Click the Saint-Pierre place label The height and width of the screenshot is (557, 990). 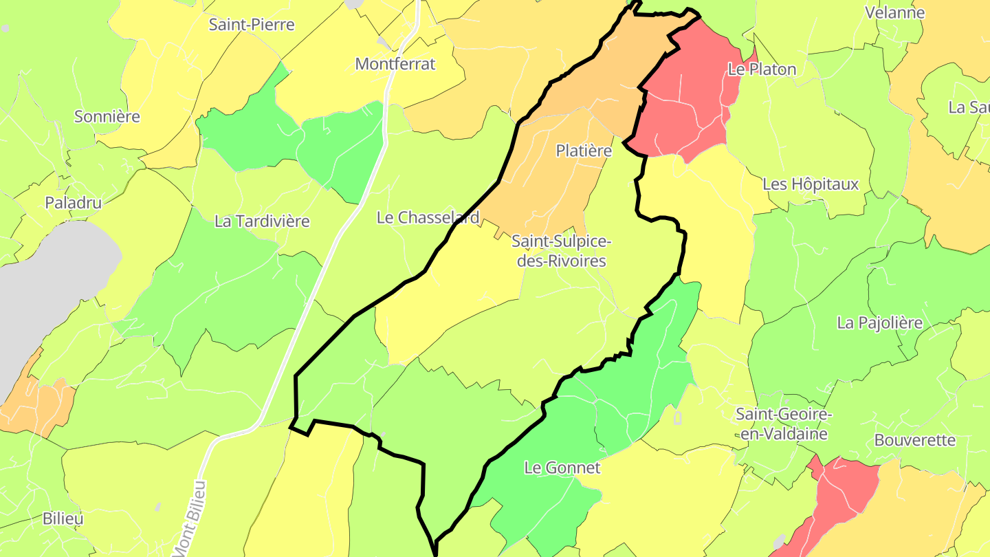[x=252, y=25]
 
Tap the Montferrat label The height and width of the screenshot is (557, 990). [x=395, y=64]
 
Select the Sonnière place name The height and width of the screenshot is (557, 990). [x=107, y=116]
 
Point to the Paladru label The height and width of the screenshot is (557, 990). [x=74, y=202]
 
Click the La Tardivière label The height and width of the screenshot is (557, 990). [x=262, y=221]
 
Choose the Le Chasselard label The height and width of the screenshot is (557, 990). [x=428, y=217]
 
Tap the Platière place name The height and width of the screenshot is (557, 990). [x=584, y=151]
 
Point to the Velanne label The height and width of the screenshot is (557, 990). [x=894, y=12]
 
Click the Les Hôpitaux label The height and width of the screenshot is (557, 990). [x=811, y=184]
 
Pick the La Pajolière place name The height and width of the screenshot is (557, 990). [x=879, y=323]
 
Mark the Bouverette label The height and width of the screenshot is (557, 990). [x=914, y=440]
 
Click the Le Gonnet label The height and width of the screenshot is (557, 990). [x=562, y=468]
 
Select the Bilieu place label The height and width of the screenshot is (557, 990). [x=63, y=518]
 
